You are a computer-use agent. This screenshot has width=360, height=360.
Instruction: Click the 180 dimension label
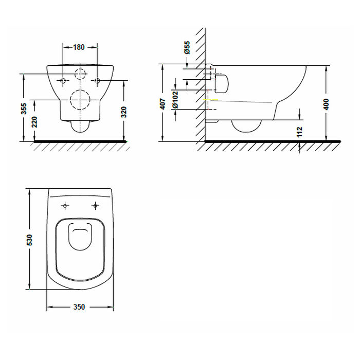point(79,47)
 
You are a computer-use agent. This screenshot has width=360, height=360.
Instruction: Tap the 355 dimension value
point(24,109)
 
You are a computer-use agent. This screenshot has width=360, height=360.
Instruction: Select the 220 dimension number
point(34,122)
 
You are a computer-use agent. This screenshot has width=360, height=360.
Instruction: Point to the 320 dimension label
point(124,112)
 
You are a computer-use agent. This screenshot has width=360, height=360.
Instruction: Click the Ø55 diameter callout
point(187,47)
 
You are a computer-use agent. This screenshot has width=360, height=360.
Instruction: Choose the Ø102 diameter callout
point(175,99)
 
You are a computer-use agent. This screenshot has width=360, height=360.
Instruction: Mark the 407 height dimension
point(163,104)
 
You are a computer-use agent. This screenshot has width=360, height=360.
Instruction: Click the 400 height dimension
point(326,104)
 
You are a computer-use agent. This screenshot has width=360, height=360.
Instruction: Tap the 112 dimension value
point(300,132)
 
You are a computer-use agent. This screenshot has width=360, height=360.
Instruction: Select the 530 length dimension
point(29,240)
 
